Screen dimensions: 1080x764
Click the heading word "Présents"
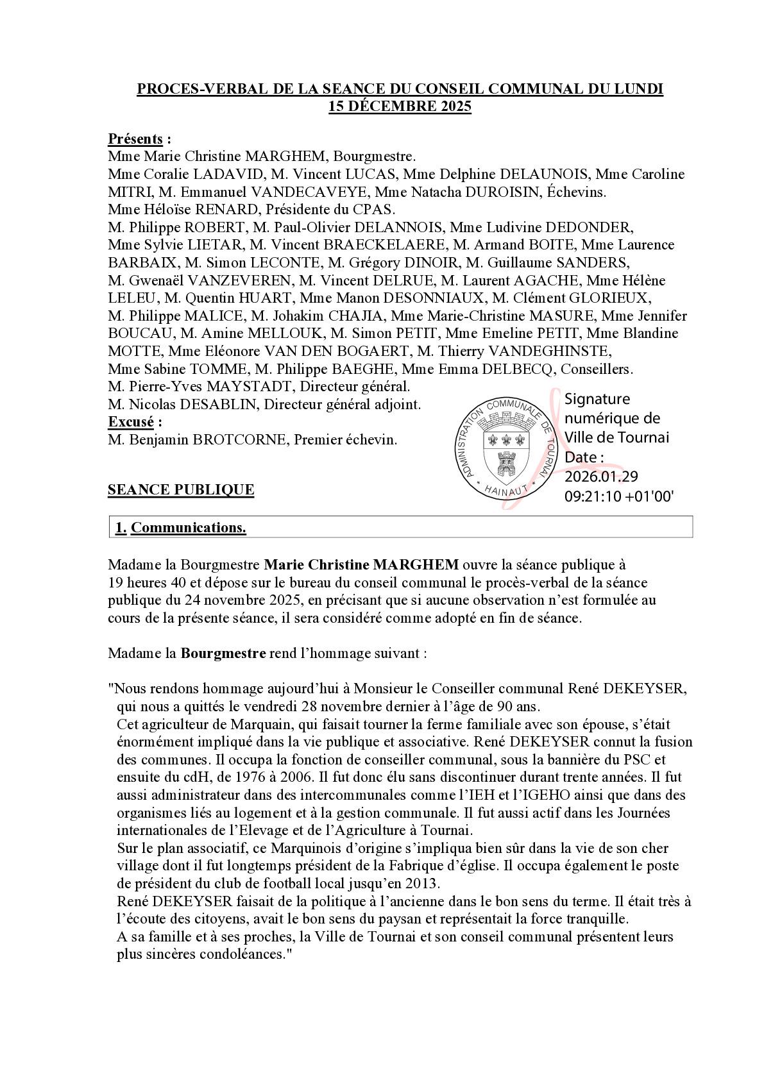pyautogui.click(x=135, y=139)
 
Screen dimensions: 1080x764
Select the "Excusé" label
pyautogui.click(x=131, y=422)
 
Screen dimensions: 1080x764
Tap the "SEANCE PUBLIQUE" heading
pyautogui.click(x=181, y=489)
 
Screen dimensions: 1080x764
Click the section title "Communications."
pyautogui.click(x=189, y=527)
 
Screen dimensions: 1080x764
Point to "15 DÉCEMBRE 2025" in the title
pyautogui.click(x=400, y=106)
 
